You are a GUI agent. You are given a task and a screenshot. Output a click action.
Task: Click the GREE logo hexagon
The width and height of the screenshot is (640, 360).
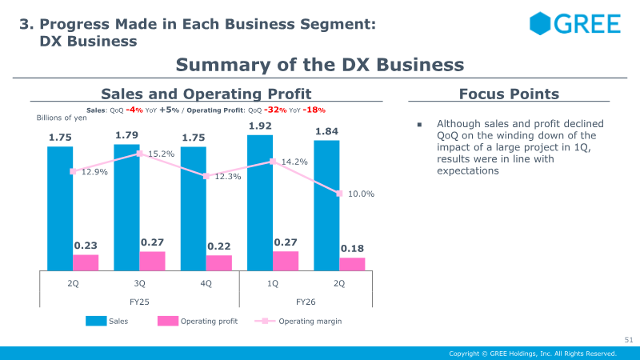[x=540, y=23]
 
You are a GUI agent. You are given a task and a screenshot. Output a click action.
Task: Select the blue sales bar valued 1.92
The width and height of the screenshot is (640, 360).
[x=260, y=203]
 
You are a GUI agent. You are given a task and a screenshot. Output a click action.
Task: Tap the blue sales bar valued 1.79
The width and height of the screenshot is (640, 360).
[x=126, y=207]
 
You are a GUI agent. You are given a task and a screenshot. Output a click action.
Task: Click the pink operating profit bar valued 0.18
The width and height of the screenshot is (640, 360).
[x=352, y=264]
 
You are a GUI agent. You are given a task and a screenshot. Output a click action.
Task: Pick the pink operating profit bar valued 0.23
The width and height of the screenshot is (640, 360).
[x=86, y=262]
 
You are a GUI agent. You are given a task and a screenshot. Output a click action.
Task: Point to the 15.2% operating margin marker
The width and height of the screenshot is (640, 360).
[x=139, y=154]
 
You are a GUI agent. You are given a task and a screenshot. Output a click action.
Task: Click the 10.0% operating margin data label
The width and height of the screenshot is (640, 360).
[x=361, y=194]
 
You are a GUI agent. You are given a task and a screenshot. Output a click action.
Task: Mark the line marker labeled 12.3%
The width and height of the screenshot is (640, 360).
[x=206, y=176]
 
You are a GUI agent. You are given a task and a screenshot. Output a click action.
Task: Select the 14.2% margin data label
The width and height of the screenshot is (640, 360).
[x=294, y=162]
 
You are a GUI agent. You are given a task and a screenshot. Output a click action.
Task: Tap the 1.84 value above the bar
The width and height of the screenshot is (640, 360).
[x=326, y=131]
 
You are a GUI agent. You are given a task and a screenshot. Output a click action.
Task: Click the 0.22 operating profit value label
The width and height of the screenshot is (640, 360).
[x=218, y=246]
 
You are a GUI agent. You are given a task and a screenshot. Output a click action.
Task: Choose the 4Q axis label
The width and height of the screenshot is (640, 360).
[x=206, y=283]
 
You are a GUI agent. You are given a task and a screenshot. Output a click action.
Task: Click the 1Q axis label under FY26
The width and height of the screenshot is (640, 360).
[x=273, y=283]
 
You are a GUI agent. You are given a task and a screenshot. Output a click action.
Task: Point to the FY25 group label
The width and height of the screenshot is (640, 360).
[x=139, y=302]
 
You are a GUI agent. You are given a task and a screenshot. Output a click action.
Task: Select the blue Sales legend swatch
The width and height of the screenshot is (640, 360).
[x=96, y=321]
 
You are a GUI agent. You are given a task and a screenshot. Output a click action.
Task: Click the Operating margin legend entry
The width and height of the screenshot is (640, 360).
[x=298, y=322]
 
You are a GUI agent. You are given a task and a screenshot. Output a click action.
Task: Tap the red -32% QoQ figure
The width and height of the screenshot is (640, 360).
[x=275, y=110]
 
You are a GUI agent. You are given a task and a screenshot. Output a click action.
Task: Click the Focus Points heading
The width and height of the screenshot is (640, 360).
[x=509, y=94]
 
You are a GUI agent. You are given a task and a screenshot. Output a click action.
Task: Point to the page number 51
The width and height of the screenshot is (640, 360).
[x=629, y=339]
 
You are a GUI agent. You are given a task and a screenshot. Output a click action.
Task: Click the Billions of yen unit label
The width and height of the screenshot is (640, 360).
[x=62, y=118]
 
